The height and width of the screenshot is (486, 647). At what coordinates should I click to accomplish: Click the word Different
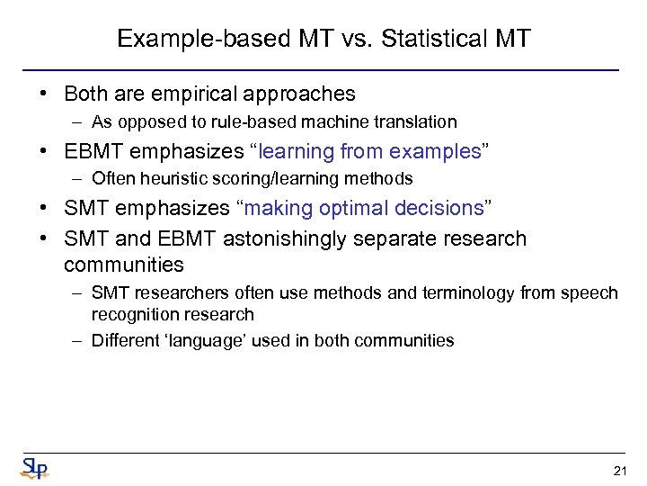click(x=124, y=341)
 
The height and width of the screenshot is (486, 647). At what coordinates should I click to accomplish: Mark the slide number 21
click(x=619, y=471)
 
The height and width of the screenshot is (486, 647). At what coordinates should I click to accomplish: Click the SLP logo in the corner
click(x=34, y=468)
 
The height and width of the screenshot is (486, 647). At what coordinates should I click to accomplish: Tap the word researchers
click(x=173, y=293)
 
